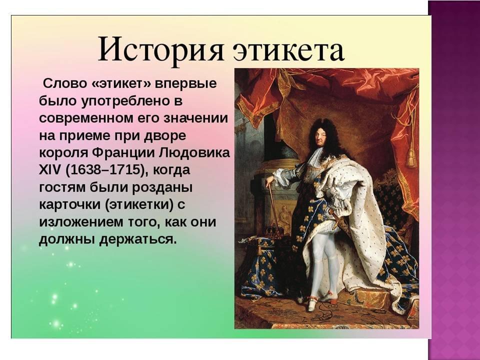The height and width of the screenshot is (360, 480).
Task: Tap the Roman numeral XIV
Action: tap(50, 169)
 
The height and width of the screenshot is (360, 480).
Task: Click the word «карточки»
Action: tap(70, 204)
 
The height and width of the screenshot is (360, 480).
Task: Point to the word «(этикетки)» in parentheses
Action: tap(139, 204)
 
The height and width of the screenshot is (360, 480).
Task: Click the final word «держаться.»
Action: tap(138, 239)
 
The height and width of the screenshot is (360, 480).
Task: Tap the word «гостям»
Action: tap(62, 187)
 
